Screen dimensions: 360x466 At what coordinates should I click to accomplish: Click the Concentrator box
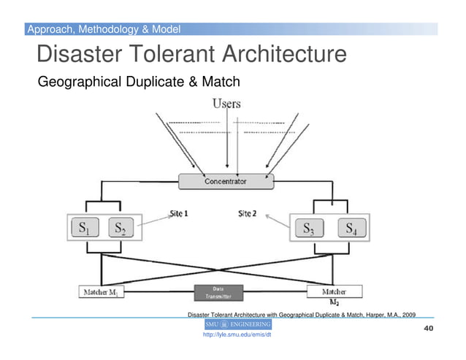click(225, 180)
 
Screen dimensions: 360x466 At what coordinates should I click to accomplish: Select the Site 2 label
click(248, 214)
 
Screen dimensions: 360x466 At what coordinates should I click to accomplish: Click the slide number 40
click(429, 329)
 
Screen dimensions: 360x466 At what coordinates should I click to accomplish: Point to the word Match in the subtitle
click(220, 81)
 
